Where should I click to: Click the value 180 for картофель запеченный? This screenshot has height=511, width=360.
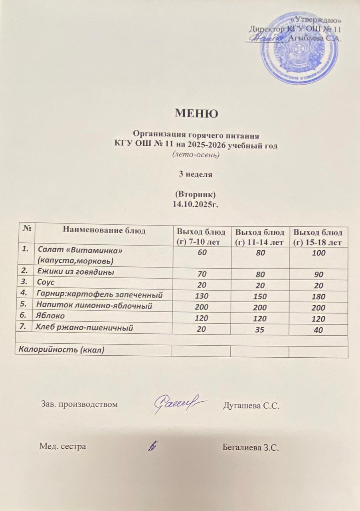click(319, 296)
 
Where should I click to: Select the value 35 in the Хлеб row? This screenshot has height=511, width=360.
click(261, 330)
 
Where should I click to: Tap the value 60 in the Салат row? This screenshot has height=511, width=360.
click(202, 253)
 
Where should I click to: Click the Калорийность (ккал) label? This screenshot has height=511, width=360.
click(59, 351)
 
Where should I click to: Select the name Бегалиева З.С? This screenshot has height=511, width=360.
click(250, 447)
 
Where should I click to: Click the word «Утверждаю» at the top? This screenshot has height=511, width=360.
click(324, 20)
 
